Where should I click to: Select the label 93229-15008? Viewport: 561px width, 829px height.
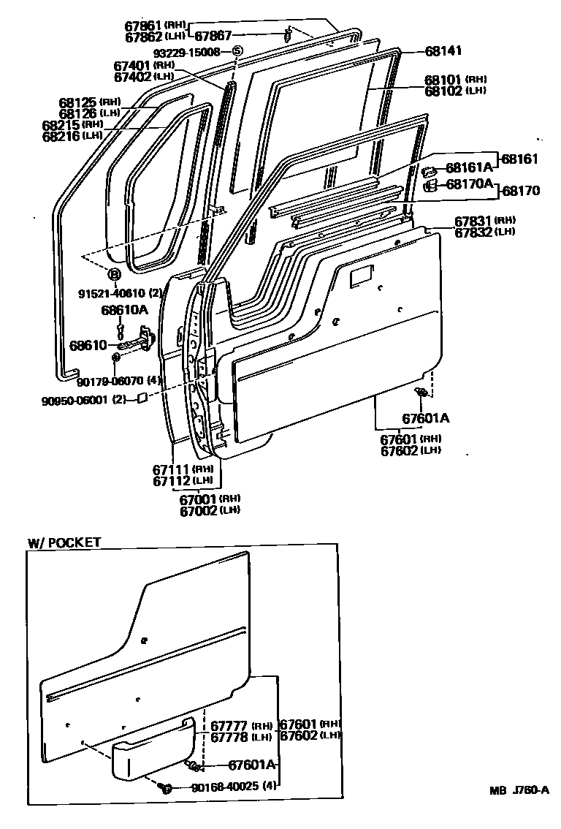[187, 52]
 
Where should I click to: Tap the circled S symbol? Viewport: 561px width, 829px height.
[237, 51]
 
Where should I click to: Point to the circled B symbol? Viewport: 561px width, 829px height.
[114, 274]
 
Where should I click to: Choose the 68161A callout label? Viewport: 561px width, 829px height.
[469, 167]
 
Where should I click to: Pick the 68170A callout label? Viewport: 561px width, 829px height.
[470, 184]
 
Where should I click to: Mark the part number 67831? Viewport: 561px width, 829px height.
[473, 221]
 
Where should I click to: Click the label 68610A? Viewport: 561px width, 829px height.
[124, 310]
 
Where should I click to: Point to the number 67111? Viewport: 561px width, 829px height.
[172, 469]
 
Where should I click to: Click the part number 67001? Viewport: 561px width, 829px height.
[199, 499]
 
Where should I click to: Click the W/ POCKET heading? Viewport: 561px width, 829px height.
[64, 542]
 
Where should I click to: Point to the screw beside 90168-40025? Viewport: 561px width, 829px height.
[166, 787]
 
